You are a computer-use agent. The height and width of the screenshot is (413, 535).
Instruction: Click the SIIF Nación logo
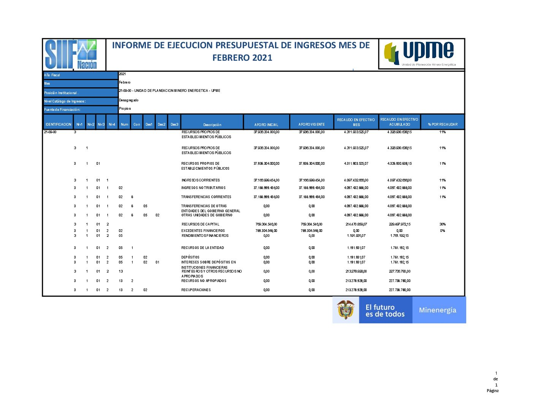coord(71,54)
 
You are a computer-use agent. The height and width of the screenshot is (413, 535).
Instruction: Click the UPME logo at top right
coord(421,54)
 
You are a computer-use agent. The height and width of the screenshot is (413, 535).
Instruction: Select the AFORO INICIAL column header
coord(266,125)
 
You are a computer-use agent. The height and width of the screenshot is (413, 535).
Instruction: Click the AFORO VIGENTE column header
coord(312,125)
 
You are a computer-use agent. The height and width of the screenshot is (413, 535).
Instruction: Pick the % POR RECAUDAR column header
coord(443,124)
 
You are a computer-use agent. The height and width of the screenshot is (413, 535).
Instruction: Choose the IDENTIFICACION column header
coord(58,125)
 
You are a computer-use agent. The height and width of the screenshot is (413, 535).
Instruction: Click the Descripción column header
coord(212,125)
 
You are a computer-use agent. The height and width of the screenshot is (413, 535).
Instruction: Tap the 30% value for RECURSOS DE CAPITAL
coord(443,224)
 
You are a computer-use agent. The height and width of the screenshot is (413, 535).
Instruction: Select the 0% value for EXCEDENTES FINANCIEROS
coord(443,231)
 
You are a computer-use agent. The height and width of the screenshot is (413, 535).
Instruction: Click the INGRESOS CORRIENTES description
coord(200,180)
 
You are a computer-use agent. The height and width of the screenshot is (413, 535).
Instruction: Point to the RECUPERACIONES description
coord(196,290)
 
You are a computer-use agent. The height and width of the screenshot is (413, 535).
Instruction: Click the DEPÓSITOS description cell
coord(190,257)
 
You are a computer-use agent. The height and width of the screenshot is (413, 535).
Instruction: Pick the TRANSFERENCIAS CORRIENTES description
coord(206,197)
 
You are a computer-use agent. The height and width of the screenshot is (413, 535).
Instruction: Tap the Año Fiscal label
coord(52,75)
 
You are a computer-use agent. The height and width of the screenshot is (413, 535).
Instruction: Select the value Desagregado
coord(129,100)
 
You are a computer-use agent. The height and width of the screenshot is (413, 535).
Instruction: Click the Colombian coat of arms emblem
coord(345,310)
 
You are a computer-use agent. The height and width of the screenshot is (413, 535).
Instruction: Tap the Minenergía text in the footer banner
coord(437,310)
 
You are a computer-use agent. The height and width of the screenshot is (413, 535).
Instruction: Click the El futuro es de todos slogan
coord(385,311)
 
